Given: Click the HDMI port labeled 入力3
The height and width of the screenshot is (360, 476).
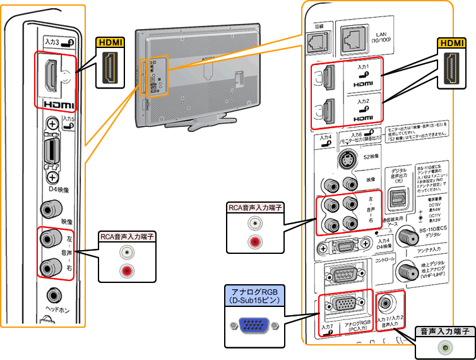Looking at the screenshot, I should coord(49,75).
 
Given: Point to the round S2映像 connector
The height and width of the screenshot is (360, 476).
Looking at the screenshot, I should coord(347,158).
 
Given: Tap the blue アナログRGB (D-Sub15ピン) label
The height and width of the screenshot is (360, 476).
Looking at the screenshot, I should coord(255,295).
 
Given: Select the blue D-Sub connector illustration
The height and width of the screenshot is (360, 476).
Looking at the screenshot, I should coord(255,327).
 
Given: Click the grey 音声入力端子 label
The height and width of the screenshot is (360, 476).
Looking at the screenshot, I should coord(444,331).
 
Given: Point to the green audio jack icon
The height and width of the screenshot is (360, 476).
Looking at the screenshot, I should coord(447,347).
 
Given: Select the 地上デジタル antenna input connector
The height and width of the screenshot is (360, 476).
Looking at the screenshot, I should coord(406,272).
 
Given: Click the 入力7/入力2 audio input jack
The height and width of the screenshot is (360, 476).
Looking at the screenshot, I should coord(387,303).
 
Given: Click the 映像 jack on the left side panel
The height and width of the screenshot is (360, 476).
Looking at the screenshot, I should coord(49,209).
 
